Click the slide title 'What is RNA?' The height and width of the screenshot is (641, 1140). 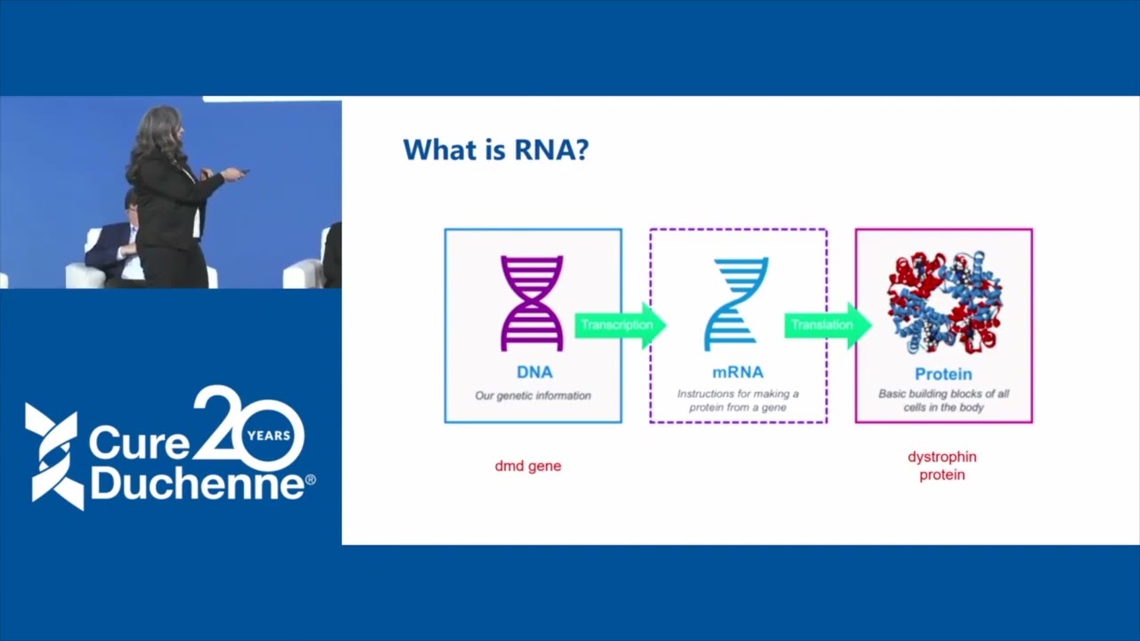[495, 150]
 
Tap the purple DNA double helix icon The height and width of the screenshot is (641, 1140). [532, 303]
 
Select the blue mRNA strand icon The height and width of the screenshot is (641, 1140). [737, 304]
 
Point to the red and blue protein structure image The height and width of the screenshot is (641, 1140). [944, 303]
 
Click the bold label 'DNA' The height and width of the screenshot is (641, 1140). [534, 372]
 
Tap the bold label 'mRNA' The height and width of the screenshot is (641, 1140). [737, 372]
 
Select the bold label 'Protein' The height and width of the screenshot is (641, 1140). [943, 374]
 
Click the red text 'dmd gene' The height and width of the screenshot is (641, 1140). [528, 466]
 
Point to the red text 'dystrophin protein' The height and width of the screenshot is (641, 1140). [942, 466]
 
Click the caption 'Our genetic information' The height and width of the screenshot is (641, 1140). [533, 395]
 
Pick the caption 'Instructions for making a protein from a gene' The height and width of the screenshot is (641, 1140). [737, 401]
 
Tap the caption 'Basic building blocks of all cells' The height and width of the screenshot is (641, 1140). [943, 401]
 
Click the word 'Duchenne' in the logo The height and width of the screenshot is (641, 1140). [196, 484]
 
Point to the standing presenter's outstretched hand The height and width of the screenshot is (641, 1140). [233, 173]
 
